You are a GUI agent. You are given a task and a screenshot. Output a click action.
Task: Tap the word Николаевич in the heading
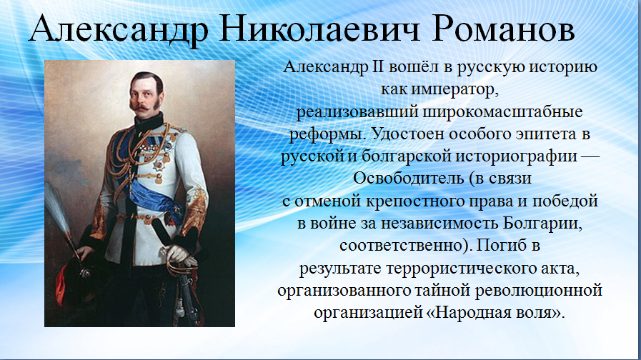319,29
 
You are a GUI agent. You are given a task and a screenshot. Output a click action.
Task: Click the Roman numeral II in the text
378,66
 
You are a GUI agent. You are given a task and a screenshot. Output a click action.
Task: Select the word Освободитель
408,178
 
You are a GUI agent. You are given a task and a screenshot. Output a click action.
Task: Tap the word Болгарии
542,223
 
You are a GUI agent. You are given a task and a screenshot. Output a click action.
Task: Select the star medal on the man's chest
158,164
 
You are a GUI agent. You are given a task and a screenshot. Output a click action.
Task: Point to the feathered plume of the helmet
59,212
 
